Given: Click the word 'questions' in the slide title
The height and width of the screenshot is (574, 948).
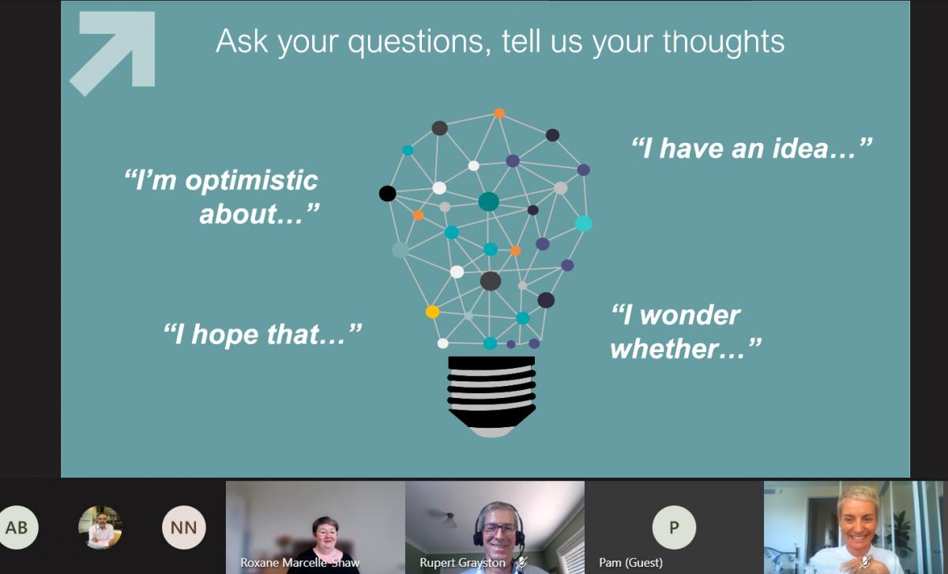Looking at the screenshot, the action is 419,43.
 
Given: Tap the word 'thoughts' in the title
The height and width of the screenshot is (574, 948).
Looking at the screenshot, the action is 724,42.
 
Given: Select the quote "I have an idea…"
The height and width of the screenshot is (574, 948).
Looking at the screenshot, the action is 751,148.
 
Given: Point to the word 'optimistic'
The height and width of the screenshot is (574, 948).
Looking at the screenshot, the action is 251,182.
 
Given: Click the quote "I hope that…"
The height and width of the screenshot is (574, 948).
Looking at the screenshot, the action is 262,334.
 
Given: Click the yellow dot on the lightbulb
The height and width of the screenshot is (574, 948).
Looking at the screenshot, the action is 433,312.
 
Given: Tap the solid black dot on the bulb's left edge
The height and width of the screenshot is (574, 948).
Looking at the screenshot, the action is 387,193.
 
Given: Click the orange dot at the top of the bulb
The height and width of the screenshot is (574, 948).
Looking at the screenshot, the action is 499,113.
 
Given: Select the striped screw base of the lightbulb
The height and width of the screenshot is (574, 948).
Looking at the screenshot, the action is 491,396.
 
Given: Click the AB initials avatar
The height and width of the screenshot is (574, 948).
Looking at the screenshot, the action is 17,527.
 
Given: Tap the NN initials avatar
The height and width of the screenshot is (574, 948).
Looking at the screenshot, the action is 183,527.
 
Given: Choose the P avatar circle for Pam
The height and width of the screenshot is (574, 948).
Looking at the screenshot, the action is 674,527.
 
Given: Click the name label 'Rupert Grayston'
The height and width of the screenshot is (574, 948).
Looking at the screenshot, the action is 462,563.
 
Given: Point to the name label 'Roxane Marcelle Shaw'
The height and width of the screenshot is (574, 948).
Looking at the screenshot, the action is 300,563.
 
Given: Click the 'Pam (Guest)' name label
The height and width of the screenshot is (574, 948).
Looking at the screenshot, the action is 630,563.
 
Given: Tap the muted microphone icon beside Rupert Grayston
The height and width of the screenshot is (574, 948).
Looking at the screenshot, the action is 522,562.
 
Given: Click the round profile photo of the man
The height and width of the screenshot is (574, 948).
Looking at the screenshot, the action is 100,527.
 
